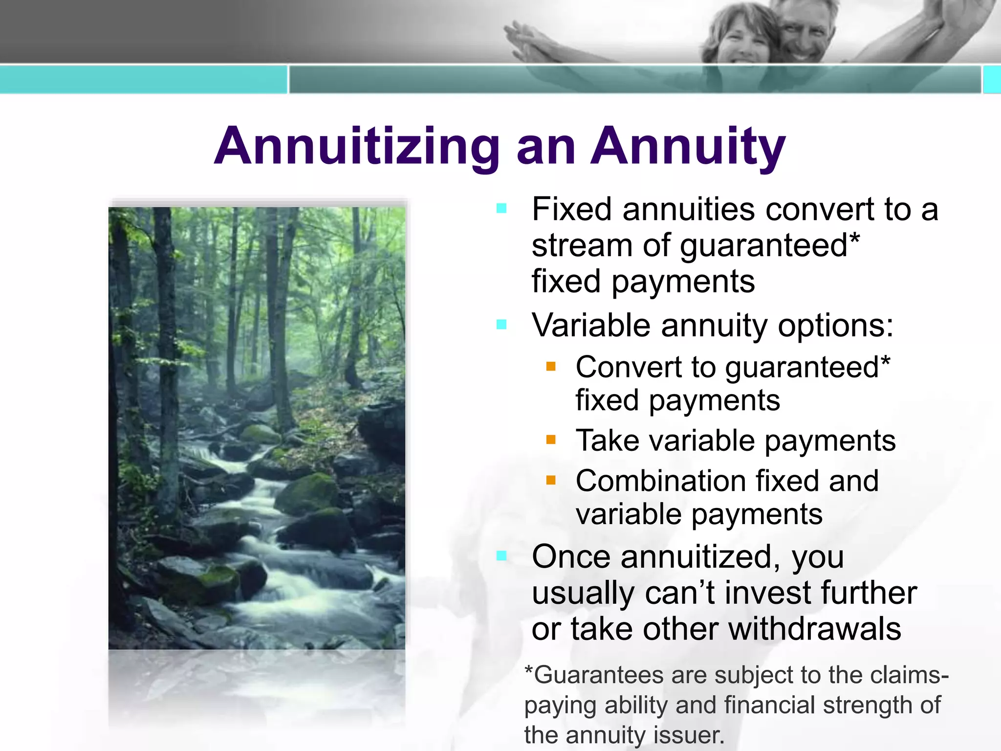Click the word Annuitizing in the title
pos(357,147)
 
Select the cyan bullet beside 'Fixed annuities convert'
pos(501,209)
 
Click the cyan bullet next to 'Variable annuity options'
pos(501,325)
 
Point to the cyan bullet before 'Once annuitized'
pos(501,556)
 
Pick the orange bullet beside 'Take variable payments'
pos(551,440)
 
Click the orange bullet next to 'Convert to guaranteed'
pos(551,366)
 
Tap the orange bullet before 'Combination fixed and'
pos(551,480)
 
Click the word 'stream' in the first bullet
pos(582,245)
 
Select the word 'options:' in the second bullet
pos(835,326)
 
